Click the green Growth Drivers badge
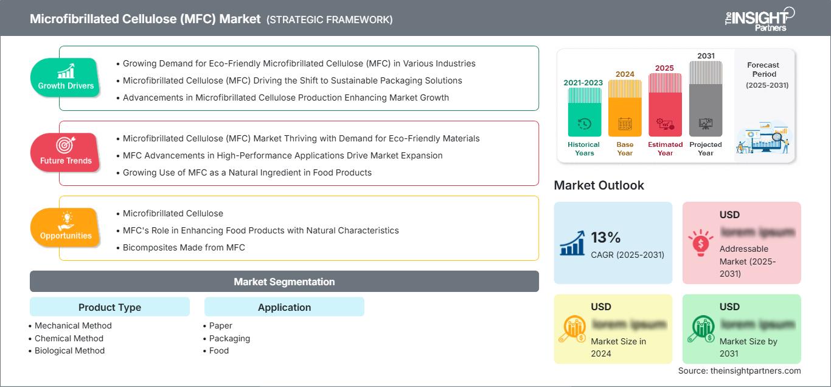[x=65, y=77]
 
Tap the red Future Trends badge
[x=65, y=152]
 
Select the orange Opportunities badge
[x=65, y=227]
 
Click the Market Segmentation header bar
[x=284, y=282]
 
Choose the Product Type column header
[x=110, y=307]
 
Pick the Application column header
[x=284, y=307]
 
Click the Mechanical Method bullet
[x=73, y=325]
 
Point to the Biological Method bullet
[x=69, y=350]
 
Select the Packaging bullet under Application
[x=229, y=338]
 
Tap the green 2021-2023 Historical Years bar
[x=584, y=113]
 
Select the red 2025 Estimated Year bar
[x=665, y=104]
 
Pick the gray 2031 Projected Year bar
[x=706, y=98]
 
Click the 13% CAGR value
[x=606, y=238]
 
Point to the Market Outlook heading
[x=599, y=185]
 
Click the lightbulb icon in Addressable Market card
[x=700, y=241]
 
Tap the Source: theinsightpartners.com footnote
[x=739, y=371]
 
